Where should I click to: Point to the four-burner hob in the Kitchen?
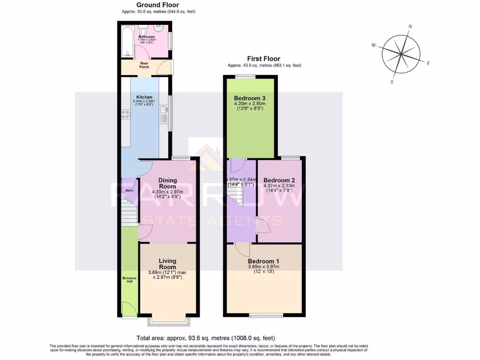tap(126, 115)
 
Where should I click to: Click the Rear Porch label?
tap(144, 65)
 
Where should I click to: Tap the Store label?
tap(129, 190)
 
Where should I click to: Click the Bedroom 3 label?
tap(250, 98)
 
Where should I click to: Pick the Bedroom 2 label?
tap(279, 180)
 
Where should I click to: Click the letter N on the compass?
tap(410, 27)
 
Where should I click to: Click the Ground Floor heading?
tap(157, 5)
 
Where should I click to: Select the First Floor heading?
tap(264, 59)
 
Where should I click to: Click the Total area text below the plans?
tap(205, 337)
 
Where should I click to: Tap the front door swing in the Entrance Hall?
tap(127, 308)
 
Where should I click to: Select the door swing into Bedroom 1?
tap(242, 248)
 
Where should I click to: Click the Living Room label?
tap(167, 264)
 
